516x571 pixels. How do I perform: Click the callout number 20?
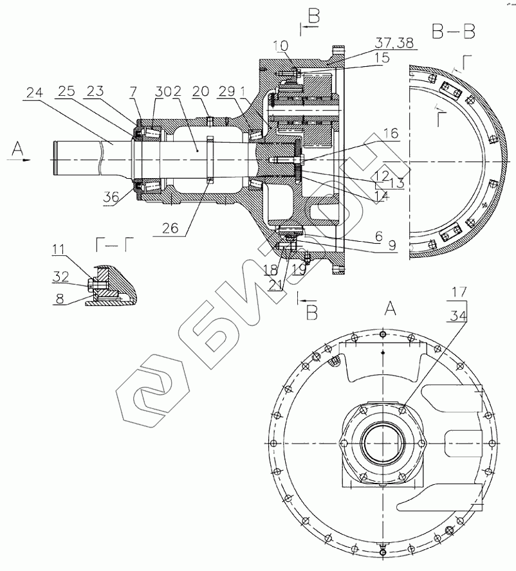pos(201,93)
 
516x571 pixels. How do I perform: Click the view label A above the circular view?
pos(391,308)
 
